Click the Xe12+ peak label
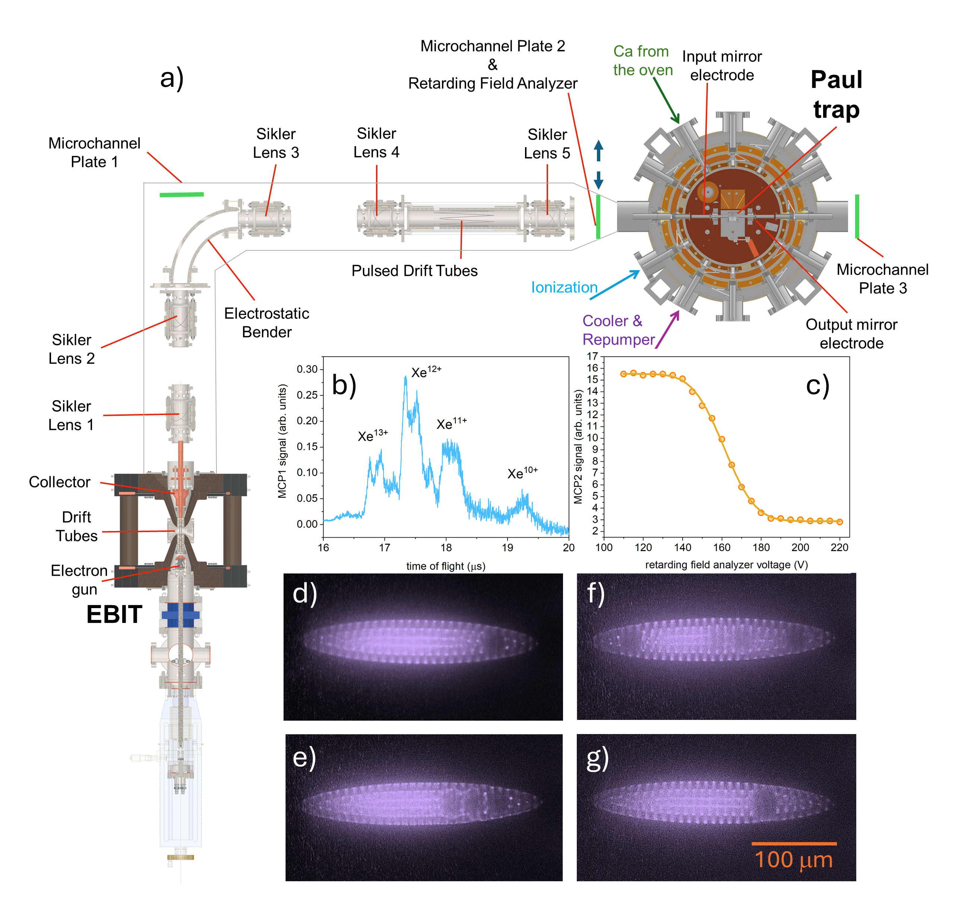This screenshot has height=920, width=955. pos(426,373)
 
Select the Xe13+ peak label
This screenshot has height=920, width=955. pos(373,436)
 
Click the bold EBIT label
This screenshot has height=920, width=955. pos(114,614)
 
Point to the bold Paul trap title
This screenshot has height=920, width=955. pos(836,95)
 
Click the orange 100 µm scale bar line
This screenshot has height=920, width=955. pos(794,844)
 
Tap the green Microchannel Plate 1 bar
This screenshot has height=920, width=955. pos(182,195)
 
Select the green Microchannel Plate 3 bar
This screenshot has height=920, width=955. pos(857,216)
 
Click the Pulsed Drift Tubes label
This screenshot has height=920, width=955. pos(415,271)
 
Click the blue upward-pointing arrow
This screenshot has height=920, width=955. pos(598,151)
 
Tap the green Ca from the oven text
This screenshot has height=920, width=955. pos(642,61)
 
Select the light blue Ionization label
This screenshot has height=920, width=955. pos(564,288)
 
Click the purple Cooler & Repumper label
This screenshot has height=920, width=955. pos(618,330)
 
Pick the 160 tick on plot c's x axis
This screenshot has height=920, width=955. pos(722,547)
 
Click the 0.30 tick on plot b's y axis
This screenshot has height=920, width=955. pos(307,369)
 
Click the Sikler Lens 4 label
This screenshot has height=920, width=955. pos(376,143)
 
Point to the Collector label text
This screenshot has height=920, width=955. pos(60,482)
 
